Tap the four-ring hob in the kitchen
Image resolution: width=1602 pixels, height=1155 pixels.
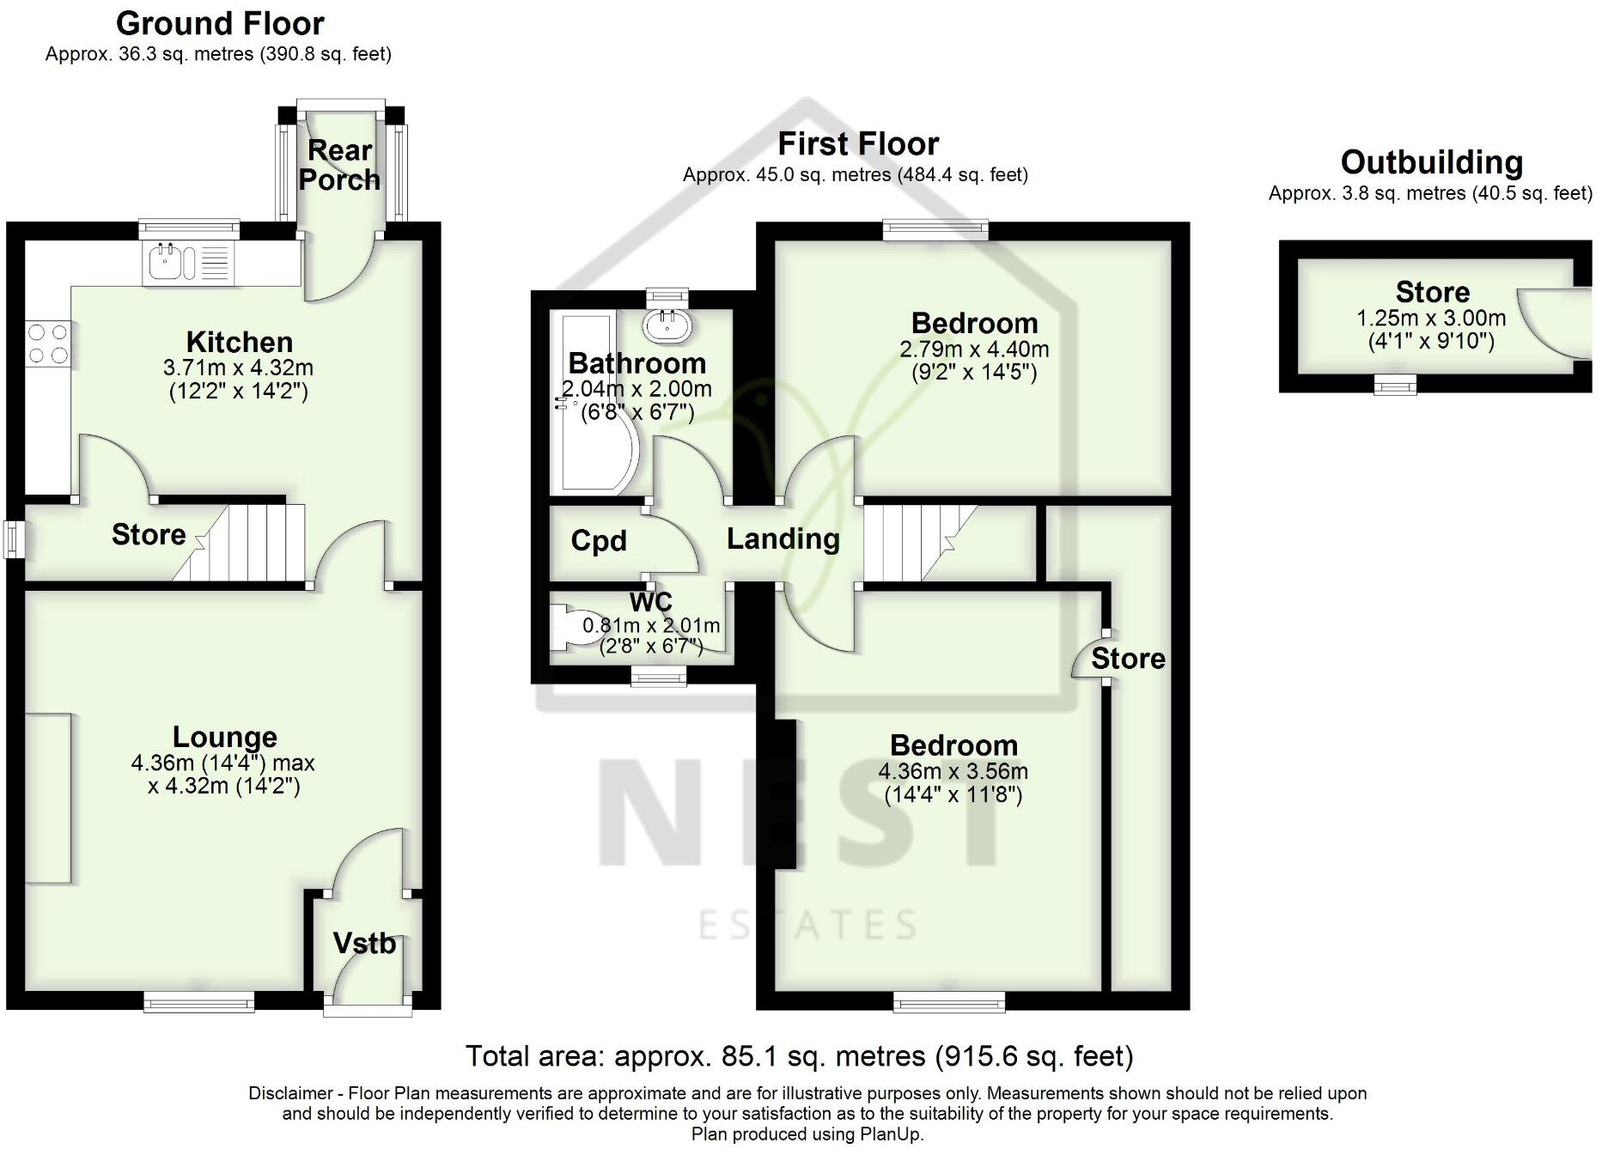click(x=48, y=343)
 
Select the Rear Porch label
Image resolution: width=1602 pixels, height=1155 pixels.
click(x=339, y=165)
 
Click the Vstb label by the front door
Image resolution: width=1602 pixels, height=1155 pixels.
click(x=364, y=944)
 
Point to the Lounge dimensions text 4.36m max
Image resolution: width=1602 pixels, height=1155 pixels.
click(x=222, y=763)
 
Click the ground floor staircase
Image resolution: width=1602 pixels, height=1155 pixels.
click(x=249, y=543)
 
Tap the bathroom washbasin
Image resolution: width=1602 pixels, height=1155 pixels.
click(x=667, y=325)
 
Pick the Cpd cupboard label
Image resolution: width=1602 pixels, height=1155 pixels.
click(x=599, y=541)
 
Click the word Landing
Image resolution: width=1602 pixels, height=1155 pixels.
click(x=783, y=539)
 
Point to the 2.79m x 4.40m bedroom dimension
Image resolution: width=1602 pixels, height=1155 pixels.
click(x=974, y=350)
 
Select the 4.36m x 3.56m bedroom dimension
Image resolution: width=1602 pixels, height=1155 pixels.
click(x=953, y=771)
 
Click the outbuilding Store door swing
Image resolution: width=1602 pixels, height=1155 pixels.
click(x=1550, y=322)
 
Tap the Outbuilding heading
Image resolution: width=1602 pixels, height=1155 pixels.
click(x=1431, y=162)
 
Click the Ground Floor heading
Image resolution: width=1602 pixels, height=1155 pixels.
click(x=220, y=23)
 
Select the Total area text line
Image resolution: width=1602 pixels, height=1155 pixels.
click(x=799, y=1055)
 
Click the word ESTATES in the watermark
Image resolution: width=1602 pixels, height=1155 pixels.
click(x=807, y=926)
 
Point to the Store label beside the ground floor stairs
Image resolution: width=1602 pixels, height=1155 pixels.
click(x=149, y=535)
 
